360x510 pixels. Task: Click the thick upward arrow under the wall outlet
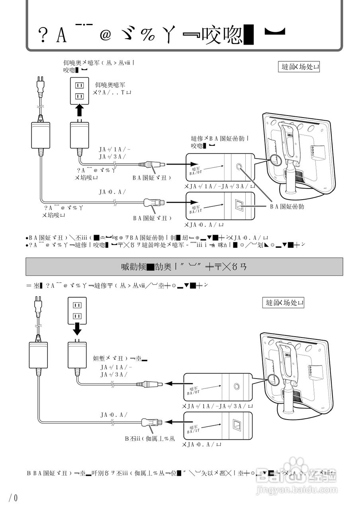(80, 110)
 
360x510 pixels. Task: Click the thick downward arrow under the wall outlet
(78, 329)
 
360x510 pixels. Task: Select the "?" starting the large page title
(41, 37)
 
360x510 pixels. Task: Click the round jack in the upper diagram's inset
(239, 167)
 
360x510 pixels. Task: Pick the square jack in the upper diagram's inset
(239, 206)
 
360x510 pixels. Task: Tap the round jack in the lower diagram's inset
(237, 386)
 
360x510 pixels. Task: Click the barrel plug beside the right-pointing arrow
(152, 164)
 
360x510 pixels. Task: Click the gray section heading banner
(184, 267)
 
